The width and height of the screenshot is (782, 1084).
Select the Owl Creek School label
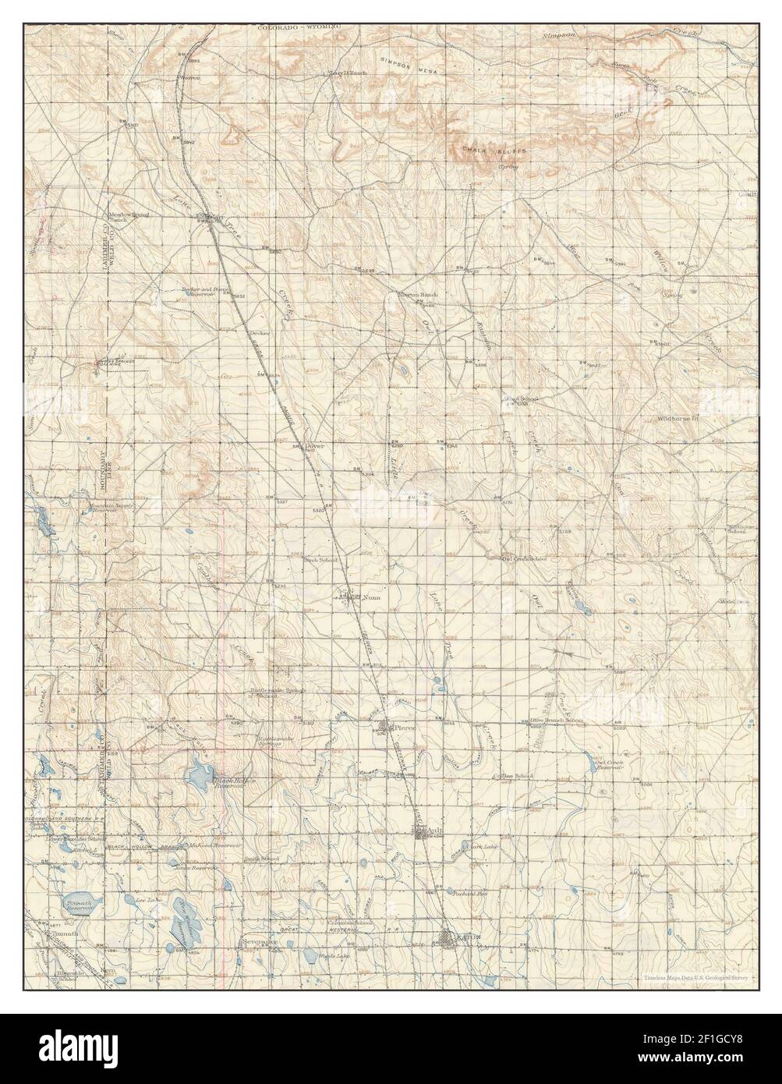pos(523,558)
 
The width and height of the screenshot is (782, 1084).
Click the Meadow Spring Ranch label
pos(123,217)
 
